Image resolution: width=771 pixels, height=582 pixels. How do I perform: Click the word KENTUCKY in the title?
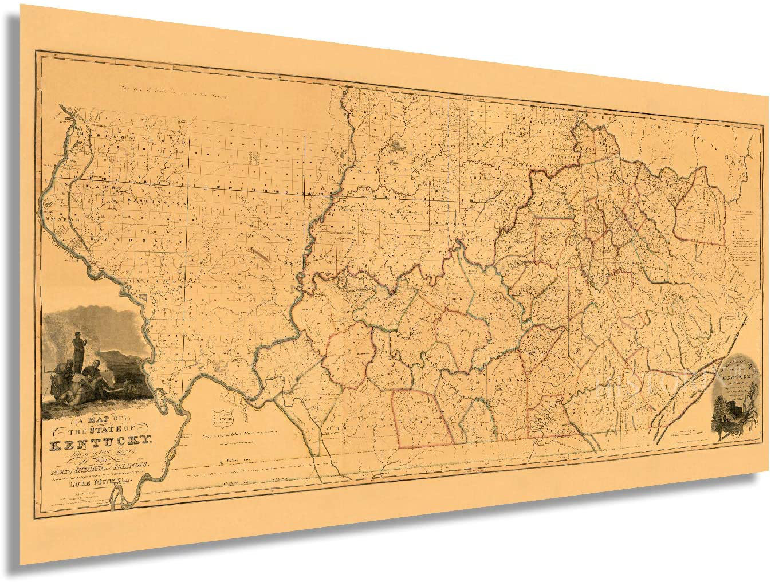pos(100,441)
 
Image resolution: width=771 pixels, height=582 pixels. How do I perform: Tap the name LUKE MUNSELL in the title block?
pos(100,483)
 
